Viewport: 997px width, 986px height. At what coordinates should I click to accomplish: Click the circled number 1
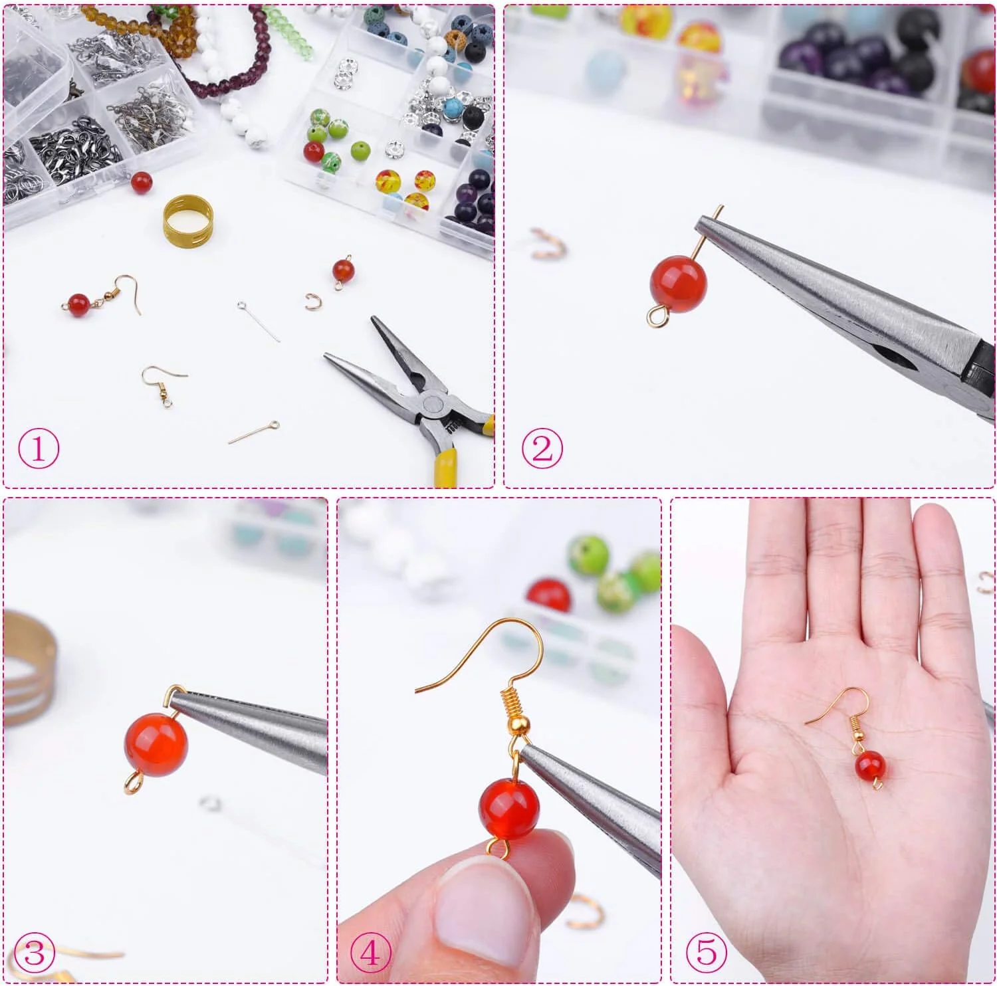pos(39,449)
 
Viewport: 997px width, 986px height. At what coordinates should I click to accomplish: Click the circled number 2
pos(542,449)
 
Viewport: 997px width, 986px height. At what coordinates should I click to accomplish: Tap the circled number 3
pos(34,955)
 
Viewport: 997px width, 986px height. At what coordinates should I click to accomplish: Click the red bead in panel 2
pos(678,284)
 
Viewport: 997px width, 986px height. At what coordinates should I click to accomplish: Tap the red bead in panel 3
pos(156,743)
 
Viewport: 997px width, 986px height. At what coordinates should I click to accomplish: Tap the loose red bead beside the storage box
pos(141,183)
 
